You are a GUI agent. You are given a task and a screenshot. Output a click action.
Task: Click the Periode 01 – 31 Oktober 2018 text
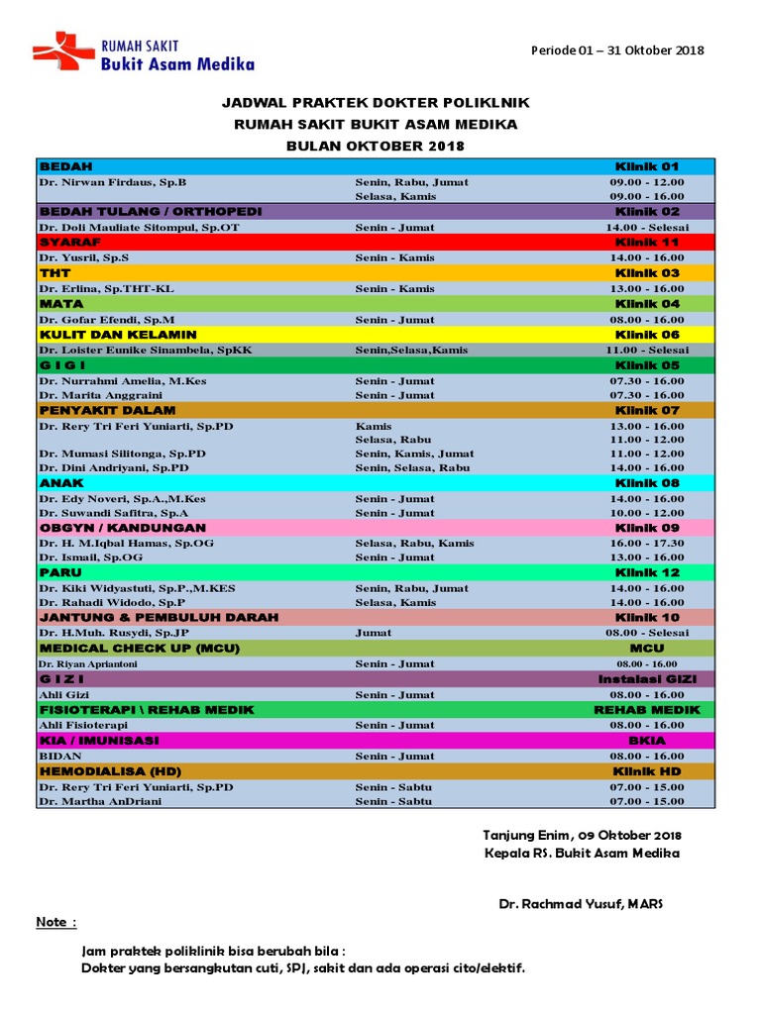pyautogui.click(x=617, y=51)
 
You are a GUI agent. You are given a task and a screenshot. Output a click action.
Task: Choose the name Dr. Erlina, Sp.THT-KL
pyautogui.click(x=106, y=288)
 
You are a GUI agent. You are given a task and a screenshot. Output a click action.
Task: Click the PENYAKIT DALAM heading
pyautogui.click(x=107, y=410)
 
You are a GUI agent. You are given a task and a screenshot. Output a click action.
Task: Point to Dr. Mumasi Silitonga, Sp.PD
pyautogui.click(x=113, y=454)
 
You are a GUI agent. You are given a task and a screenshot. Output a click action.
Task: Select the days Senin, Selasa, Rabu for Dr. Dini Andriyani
pyautogui.click(x=412, y=467)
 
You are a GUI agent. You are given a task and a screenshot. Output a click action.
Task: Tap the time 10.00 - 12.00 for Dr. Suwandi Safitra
pyautogui.click(x=647, y=513)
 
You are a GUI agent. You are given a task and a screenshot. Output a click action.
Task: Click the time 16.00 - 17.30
pyautogui.click(x=647, y=543)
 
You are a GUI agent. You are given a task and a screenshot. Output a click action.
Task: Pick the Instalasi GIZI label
pyautogui.click(x=647, y=679)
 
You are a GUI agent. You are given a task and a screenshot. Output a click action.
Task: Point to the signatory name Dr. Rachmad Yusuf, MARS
pyautogui.click(x=581, y=904)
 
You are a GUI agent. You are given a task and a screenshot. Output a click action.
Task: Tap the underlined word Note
pyautogui.click(x=55, y=923)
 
